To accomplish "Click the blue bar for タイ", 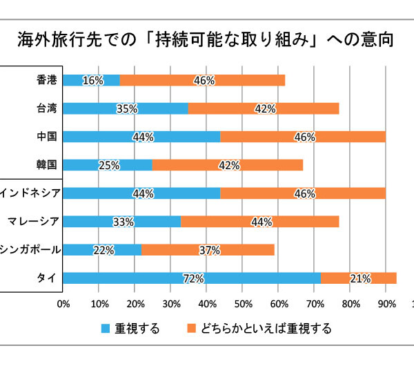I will click(x=192, y=278).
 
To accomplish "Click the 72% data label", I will click(x=193, y=279).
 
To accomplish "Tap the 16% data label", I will click(x=92, y=81).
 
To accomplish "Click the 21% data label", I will click(x=360, y=279).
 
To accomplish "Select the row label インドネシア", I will click(x=32, y=193).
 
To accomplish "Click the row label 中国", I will click(x=47, y=137).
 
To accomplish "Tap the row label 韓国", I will click(x=47, y=165).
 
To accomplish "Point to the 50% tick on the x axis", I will click(x=242, y=302).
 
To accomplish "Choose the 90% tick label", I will click(x=386, y=302).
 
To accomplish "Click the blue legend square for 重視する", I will click(x=104, y=329).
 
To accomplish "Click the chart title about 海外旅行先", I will click(x=206, y=39).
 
